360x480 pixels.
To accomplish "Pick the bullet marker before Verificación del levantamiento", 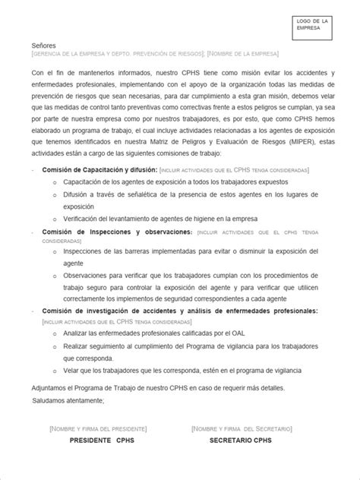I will click(55, 219).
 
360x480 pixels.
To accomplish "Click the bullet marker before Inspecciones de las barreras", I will click(55, 250).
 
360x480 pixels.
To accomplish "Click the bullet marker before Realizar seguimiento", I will click(55, 346).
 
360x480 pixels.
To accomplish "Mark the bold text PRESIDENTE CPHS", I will click(101, 441).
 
